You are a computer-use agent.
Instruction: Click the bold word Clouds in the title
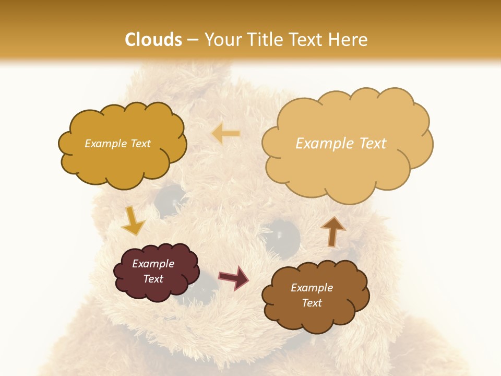[153, 40]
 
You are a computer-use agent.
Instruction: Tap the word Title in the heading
[261, 40]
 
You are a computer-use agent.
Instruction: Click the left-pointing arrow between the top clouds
[226, 134]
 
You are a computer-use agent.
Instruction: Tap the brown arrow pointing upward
[332, 231]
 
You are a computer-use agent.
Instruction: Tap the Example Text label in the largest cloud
[341, 144]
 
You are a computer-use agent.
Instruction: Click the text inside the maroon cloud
[153, 271]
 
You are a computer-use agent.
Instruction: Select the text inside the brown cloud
[312, 295]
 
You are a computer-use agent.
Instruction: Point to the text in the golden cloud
[117, 144]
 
